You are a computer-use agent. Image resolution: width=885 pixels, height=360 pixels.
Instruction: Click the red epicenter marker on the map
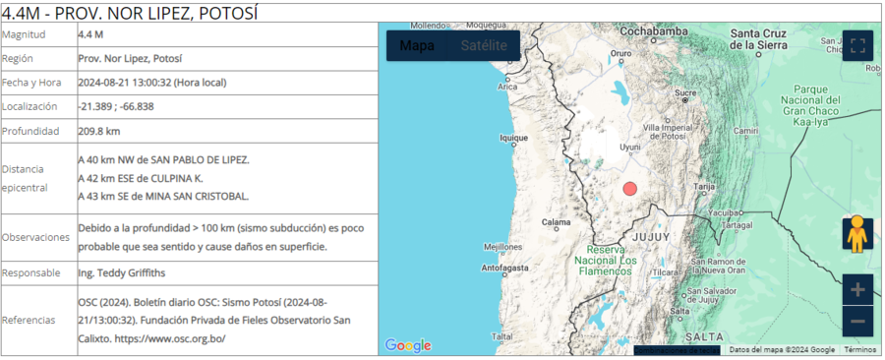pyautogui.click(x=630, y=189)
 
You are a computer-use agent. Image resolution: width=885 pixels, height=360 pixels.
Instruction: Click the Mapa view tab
pyautogui.click(x=417, y=45)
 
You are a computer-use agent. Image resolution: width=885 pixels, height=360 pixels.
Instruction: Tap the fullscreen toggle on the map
pyautogui.click(x=857, y=45)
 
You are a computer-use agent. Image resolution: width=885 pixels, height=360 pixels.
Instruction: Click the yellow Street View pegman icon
pyautogui.click(x=857, y=234)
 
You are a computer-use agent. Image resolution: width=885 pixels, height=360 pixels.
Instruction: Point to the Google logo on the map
pyautogui.click(x=408, y=345)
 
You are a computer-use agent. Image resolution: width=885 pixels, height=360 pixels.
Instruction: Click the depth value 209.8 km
pyautogui.click(x=99, y=131)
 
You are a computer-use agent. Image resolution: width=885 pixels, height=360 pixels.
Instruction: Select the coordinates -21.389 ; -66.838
pyautogui.click(x=116, y=106)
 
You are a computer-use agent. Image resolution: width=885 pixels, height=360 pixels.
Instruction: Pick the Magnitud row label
pyautogui.click(x=25, y=34)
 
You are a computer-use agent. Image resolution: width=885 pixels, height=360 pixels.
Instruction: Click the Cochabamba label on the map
pyautogui.click(x=653, y=31)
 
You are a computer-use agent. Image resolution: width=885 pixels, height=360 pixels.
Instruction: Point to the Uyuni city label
pyautogui.click(x=630, y=148)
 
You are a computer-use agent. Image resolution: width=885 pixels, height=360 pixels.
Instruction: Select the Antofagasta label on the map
pyautogui.click(x=507, y=267)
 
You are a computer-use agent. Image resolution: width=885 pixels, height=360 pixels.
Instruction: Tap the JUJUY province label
pyautogui.click(x=651, y=238)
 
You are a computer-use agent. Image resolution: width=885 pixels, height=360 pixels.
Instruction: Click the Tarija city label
pyautogui.click(x=704, y=185)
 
